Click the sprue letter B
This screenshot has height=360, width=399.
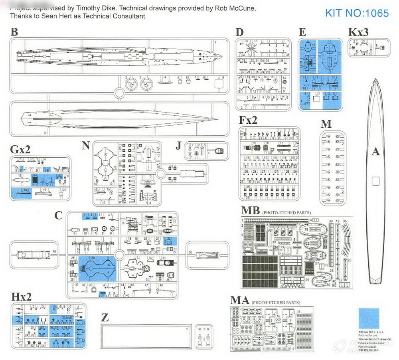tap(14, 32)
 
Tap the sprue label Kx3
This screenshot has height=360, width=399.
tap(358, 32)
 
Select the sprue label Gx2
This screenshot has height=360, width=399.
tap(20, 150)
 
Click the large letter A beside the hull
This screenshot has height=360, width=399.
tap(375, 152)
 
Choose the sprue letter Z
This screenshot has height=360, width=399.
tap(105, 318)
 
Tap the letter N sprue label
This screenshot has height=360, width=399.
tap(85, 145)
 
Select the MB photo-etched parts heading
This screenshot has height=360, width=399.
tap(251, 211)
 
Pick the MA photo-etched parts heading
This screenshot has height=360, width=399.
tap(240, 300)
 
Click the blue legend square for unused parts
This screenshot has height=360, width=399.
tap(369, 318)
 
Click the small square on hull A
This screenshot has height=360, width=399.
tap(375, 181)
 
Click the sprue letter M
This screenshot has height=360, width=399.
tap(326, 124)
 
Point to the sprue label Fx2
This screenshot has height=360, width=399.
tap(248, 120)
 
